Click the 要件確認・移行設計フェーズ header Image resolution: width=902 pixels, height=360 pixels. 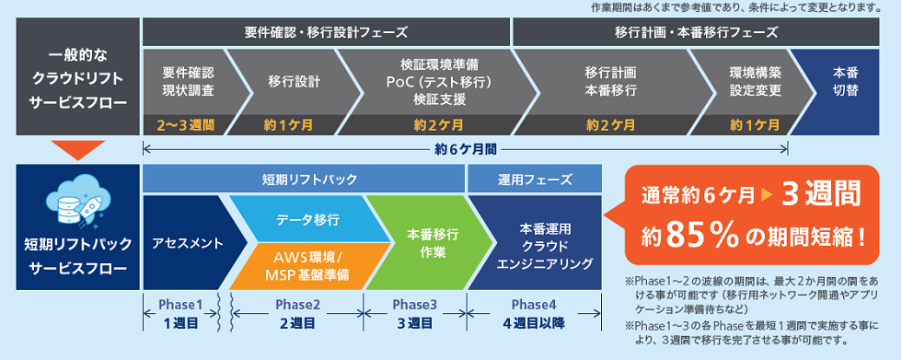[x=326, y=30]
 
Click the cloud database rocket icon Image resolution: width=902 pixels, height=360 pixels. [x=77, y=197]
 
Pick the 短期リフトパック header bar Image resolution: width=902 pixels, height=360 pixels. [x=303, y=179]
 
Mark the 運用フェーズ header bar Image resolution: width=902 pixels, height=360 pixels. [x=535, y=179]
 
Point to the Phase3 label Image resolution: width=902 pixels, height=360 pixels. [x=414, y=305]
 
